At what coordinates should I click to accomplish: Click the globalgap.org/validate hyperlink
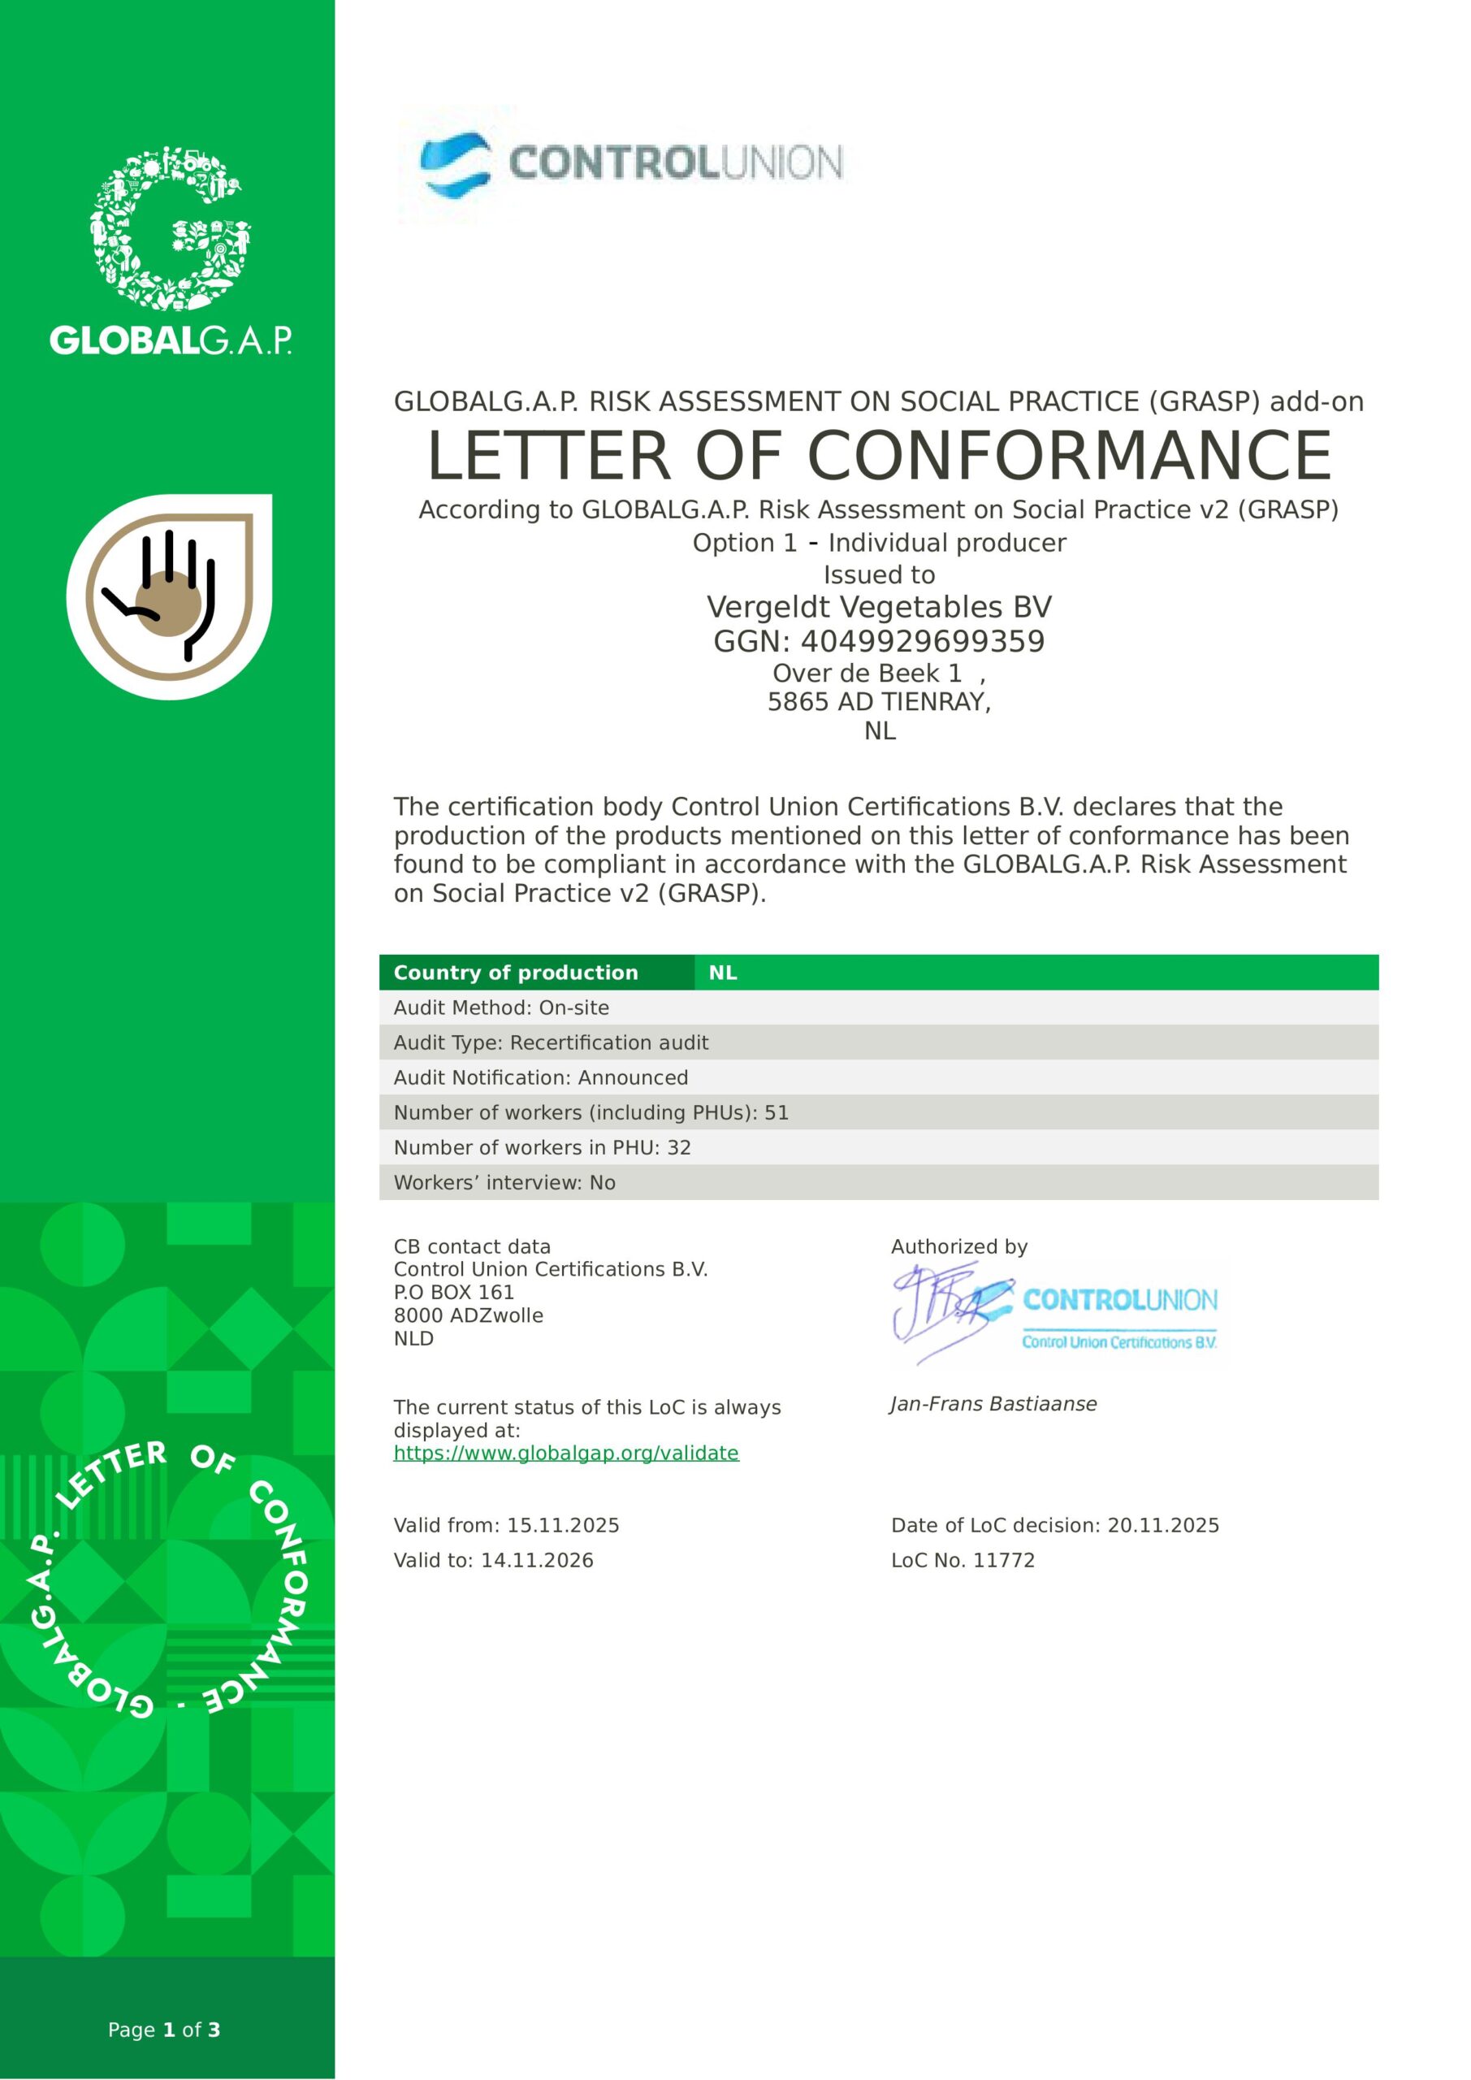tap(566, 1453)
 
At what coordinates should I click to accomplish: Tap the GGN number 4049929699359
tap(879, 641)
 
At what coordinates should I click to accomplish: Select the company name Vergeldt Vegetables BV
tap(879, 607)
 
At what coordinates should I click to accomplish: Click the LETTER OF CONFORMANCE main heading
tap(879, 455)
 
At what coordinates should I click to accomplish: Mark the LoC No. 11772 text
tap(962, 1560)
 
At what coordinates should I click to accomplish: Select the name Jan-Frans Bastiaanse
tap(993, 1404)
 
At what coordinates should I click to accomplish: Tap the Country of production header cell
tap(517, 972)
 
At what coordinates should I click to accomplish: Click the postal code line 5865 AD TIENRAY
tap(879, 702)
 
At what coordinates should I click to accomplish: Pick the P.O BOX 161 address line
tap(454, 1292)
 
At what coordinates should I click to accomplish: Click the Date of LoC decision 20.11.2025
tap(1054, 1525)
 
